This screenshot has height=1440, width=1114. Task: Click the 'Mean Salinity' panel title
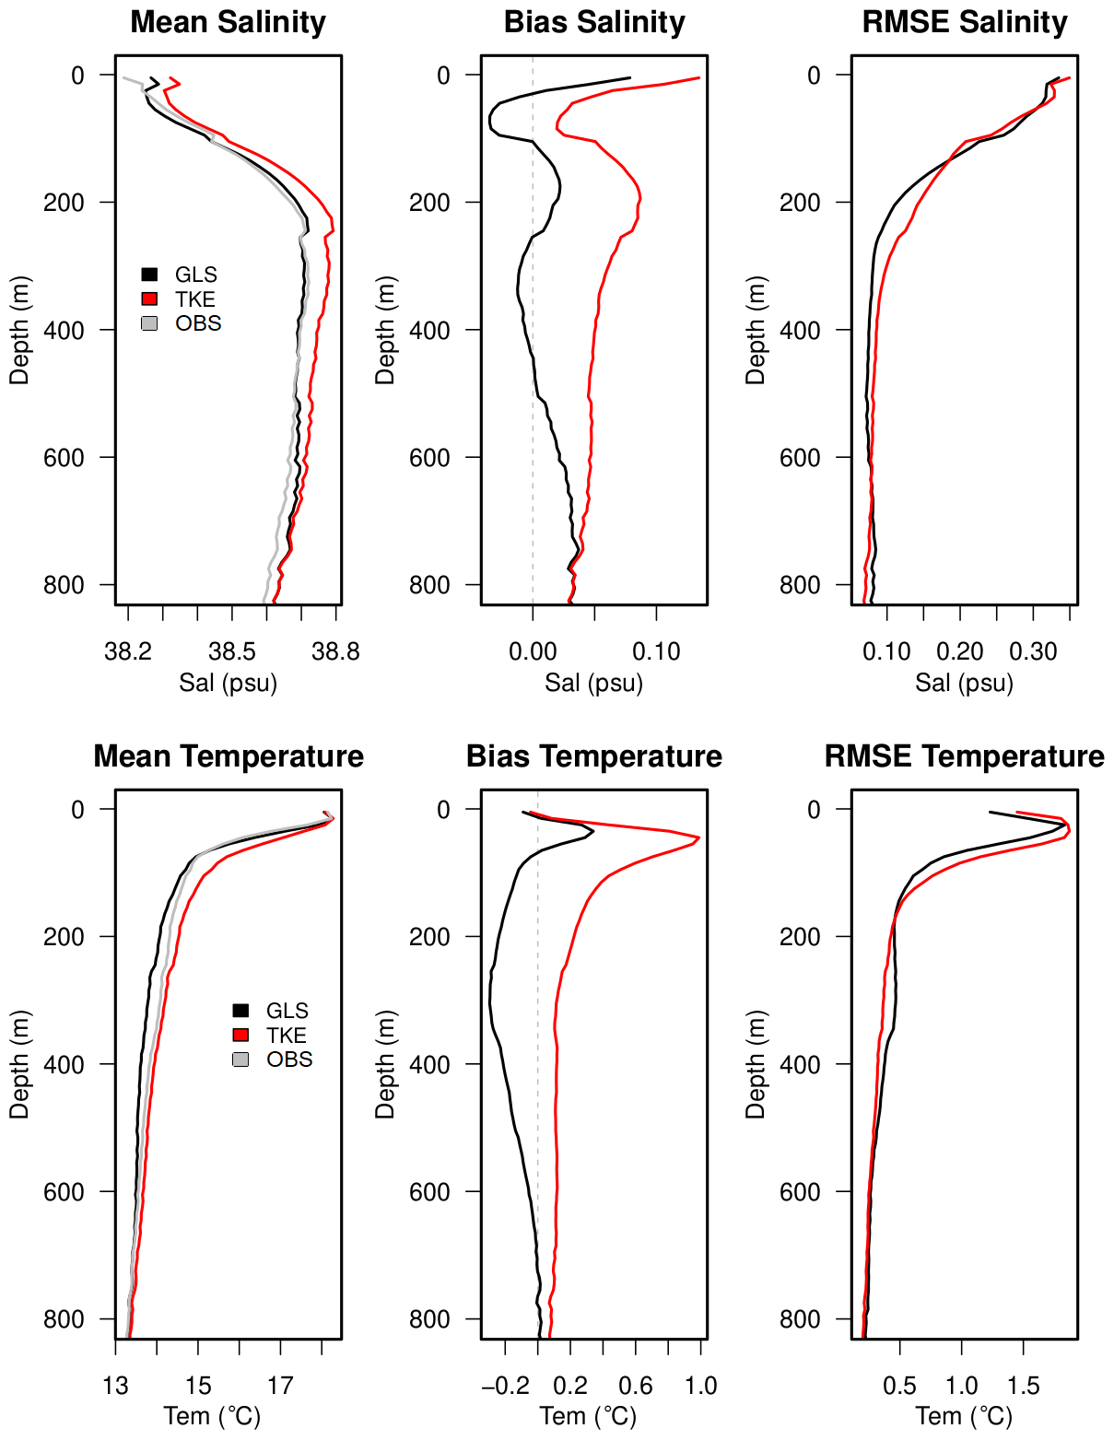[x=228, y=22]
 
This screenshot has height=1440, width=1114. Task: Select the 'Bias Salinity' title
[x=594, y=22]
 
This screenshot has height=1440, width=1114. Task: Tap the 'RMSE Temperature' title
[x=964, y=756]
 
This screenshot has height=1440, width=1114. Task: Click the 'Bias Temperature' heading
[x=594, y=756]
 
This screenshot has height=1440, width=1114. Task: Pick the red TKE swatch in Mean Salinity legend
[x=149, y=299]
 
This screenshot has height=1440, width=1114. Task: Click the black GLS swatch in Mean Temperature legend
[x=240, y=1011]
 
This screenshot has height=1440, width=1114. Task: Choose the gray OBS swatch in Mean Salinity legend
[x=149, y=323]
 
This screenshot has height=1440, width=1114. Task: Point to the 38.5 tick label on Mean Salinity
[x=232, y=652]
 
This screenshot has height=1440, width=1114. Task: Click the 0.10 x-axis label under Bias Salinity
[x=656, y=652]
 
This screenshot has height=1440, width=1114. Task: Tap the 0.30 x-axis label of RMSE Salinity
[x=1033, y=652]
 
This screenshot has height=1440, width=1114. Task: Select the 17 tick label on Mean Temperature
[x=280, y=1387]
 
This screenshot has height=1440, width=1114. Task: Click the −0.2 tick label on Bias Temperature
[x=505, y=1387]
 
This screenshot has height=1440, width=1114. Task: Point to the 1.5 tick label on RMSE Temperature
[x=1023, y=1387]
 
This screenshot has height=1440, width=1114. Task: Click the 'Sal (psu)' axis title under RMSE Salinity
[x=964, y=683]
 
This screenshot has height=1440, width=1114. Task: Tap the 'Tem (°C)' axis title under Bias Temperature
[x=588, y=1416]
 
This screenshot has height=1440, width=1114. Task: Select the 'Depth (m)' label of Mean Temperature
[x=20, y=1064]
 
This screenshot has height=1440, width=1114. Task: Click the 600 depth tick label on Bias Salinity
[x=430, y=458]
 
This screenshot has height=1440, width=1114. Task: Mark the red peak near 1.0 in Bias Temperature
[x=698, y=837]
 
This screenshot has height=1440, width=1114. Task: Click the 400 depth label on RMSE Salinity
[x=801, y=330]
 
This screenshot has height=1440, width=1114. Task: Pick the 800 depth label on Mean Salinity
[x=64, y=585]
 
